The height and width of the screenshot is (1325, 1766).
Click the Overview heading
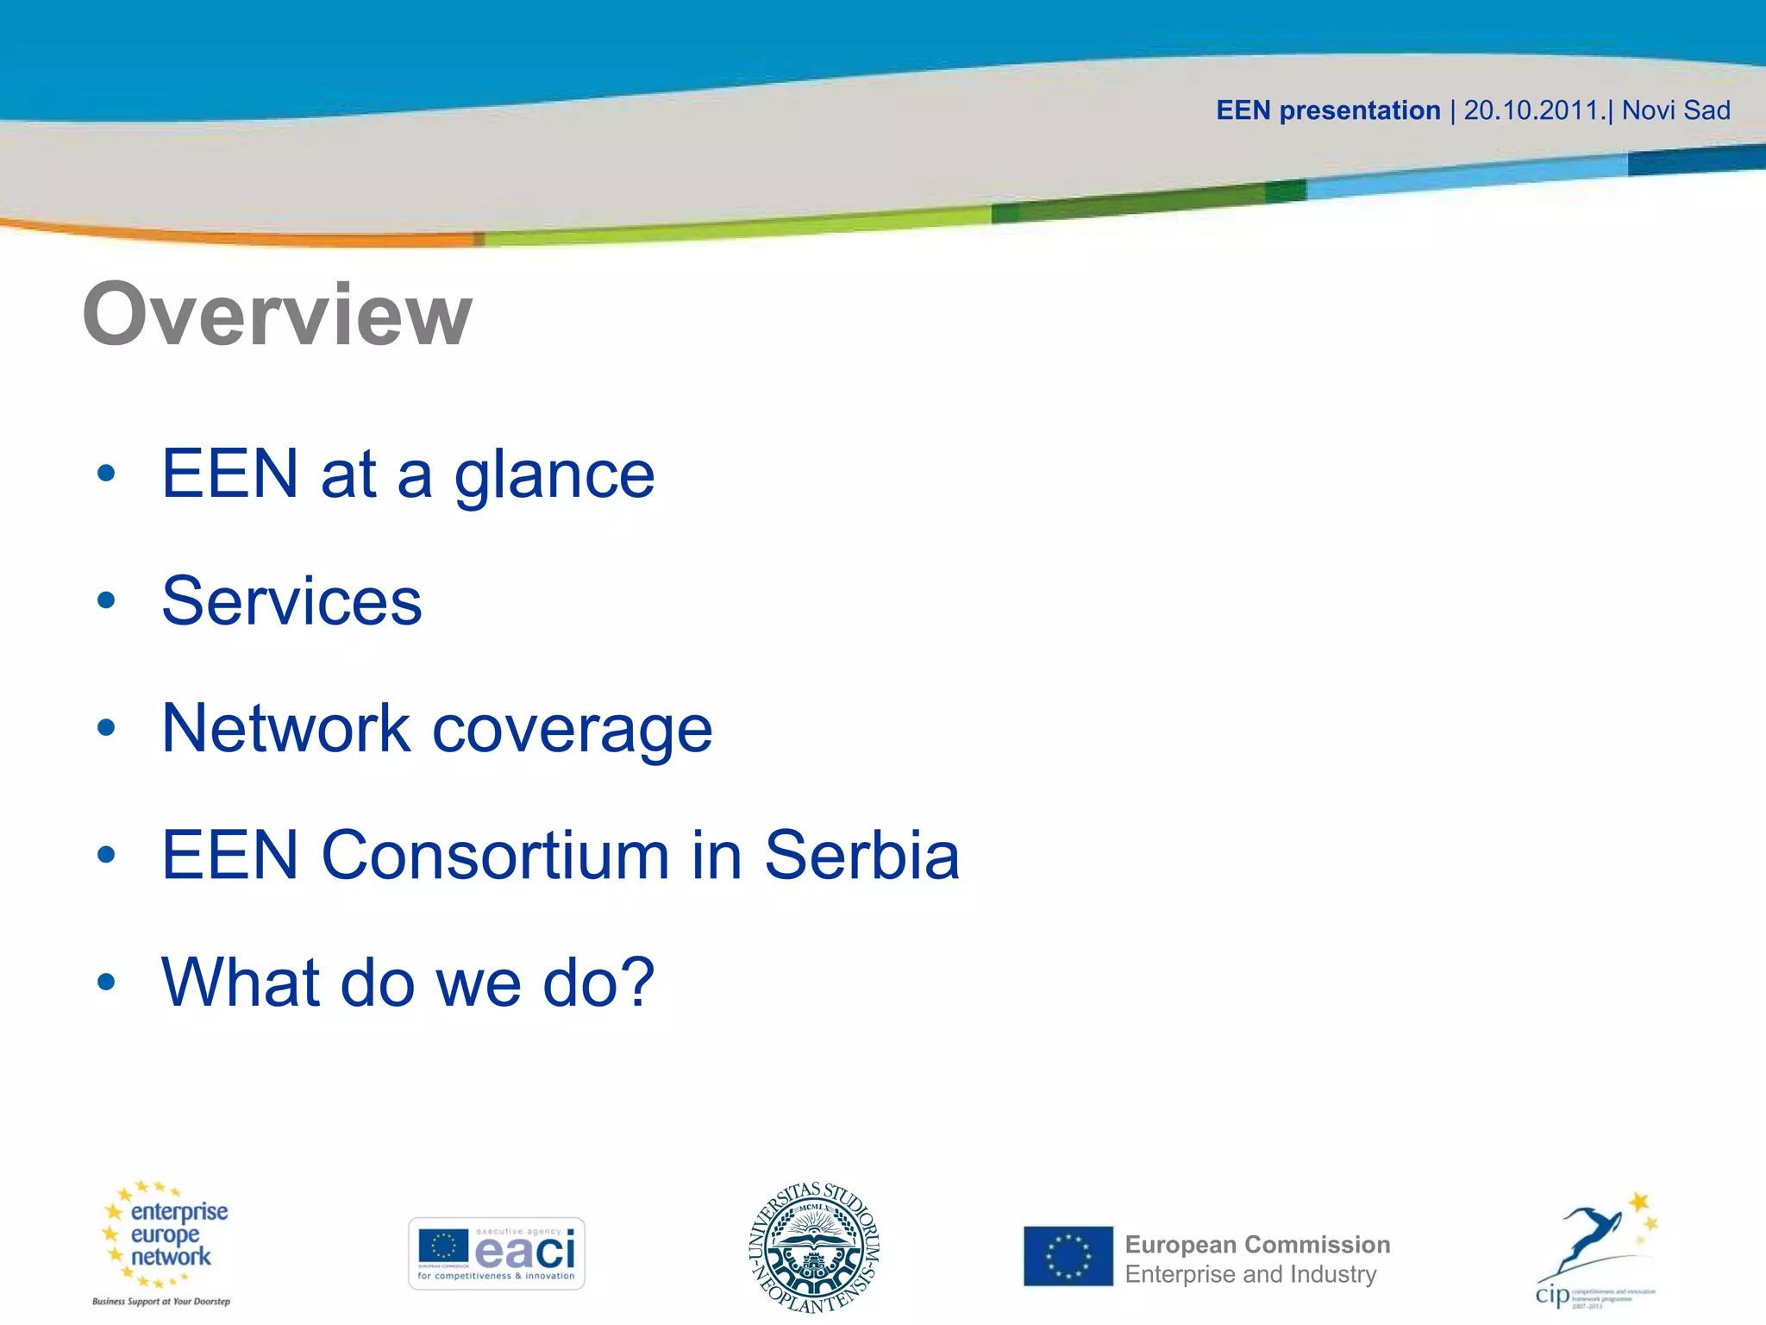coord(277,315)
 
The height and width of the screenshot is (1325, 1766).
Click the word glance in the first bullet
coord(554,474)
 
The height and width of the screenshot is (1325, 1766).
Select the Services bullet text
coord(291,601)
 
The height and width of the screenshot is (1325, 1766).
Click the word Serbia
coord(861,856)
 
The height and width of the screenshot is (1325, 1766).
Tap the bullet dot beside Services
coord(106,601)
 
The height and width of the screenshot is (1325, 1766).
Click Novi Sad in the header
coord(1675,110)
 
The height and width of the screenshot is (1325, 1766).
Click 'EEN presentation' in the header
coord(1328,110)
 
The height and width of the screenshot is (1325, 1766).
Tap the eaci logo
coord(497,1253)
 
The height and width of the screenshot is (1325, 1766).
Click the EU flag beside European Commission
coord(1068,1256)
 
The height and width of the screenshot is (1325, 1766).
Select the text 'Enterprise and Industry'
coord(1250,1274)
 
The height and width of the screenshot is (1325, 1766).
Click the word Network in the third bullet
coord(285,729)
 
